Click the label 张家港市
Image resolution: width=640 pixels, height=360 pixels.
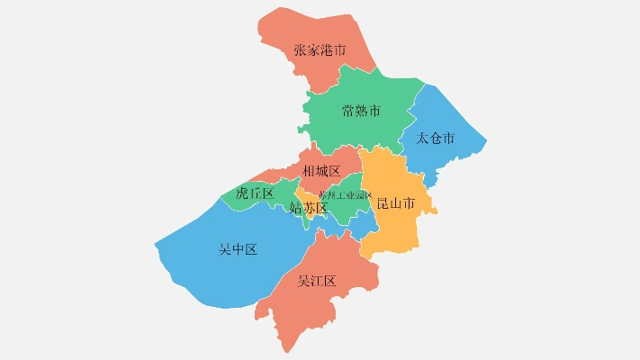(320, 50)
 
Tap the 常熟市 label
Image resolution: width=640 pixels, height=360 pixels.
(361, 112)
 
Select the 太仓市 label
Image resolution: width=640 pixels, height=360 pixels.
(436, 139)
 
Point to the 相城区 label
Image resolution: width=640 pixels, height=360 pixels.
(321, 171)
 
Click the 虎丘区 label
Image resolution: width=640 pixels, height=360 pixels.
(254, 193)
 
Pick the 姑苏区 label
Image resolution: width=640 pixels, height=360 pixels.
(308, 208)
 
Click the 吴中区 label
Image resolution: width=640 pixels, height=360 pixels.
(238, 249)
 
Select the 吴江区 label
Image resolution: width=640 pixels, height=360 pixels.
(317, 281)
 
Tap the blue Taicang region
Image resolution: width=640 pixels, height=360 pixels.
(450, 157)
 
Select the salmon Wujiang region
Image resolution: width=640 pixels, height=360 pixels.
(297, 310)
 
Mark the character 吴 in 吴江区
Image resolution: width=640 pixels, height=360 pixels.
(304, 281)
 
